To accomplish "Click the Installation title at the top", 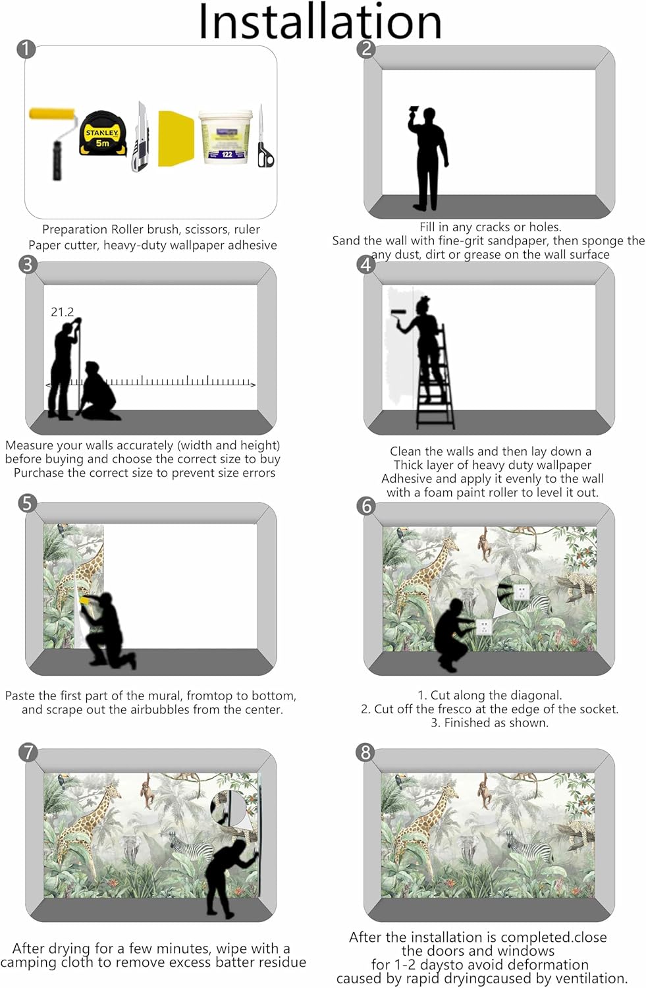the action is (x=319, y=21).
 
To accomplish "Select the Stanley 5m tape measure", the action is (x=103, y=134).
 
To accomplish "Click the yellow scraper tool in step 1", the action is (x=176, y=138).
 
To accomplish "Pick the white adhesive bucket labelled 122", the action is (x=227, y=137).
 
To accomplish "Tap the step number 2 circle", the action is (x=366, y=49).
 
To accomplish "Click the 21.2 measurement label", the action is (x=62, y=312).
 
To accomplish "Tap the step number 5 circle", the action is (x=27, y=503).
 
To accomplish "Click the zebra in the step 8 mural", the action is (x=529, y=847).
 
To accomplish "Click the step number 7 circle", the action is (x=28, y=752).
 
